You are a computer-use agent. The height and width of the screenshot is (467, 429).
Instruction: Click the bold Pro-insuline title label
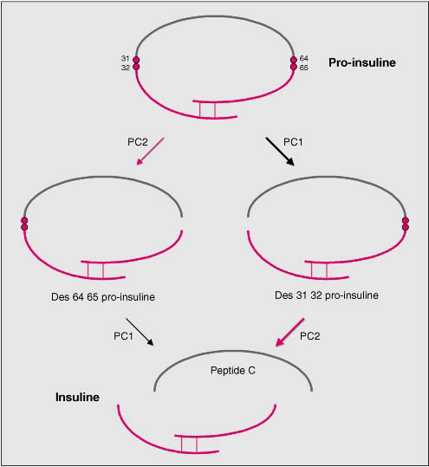click(362, 62)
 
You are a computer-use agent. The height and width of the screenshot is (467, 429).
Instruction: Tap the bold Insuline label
click(77, 397)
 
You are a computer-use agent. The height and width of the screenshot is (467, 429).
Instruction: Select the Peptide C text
click(233, 371)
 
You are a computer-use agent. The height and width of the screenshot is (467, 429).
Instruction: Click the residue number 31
click(126, 58)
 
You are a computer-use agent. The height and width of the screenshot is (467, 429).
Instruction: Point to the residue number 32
click(126, 68)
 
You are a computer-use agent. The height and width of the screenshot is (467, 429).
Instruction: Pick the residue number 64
click(304, 58)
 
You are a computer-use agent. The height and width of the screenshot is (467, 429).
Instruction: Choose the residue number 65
click(304, 68)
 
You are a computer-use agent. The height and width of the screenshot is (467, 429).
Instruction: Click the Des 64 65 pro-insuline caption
click(103, 297)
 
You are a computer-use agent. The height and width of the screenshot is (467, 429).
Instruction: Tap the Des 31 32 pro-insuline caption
click(327, 295)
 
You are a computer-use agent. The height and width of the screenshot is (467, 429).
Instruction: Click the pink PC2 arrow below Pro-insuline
click(150, 151)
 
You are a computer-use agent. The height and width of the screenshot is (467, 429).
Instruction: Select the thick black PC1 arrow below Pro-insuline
click(280, 152)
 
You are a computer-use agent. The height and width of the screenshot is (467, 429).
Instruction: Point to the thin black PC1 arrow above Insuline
click(140, 332)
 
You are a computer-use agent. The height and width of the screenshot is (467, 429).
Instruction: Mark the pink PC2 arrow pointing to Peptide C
click(289, 333)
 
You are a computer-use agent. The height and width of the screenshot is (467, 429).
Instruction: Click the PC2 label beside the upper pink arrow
click(138, 142)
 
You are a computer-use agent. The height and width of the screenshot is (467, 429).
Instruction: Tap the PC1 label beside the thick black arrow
click(293, 142)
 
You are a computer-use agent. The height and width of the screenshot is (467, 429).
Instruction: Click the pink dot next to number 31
click(136, 60)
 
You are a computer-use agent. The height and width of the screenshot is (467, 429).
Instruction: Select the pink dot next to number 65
click(294, 67)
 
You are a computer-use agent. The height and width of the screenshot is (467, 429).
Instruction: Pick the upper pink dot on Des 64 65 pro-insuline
click(24, 221)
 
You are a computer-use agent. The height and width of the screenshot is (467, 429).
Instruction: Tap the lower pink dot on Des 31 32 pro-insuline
click(406, 227)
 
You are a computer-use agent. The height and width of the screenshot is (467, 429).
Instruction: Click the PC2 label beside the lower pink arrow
click(310, 336)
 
